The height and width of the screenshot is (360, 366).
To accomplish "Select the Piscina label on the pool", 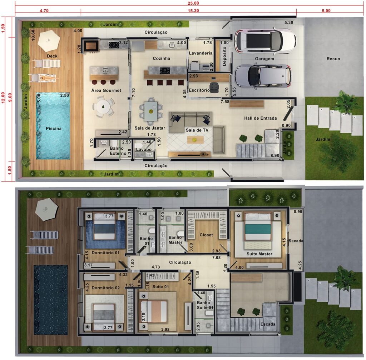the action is point(54,129).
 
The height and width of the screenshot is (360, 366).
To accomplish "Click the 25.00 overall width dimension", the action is point(193,3).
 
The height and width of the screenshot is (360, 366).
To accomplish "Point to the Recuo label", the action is point(333,59).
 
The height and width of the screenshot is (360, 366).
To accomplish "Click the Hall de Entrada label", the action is point(261,118).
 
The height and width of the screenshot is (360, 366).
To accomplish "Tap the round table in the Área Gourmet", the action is point(103,107).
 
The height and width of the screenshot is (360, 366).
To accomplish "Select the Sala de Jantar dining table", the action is point(151,111).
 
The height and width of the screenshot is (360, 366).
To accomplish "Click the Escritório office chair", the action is point(214,87).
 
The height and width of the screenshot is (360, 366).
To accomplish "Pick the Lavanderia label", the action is point(201,53).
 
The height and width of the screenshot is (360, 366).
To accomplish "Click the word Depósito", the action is point(224,56).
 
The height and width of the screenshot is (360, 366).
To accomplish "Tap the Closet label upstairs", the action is point(206,235).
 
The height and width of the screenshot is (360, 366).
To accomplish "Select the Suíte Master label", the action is point(259,254).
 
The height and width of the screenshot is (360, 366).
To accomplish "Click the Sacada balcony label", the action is point(296,241).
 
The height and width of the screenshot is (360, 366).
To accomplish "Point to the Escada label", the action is point(268,324).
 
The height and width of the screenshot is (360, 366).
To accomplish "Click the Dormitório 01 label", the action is point(105,253).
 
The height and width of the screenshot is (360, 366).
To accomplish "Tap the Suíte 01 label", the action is point(160,287).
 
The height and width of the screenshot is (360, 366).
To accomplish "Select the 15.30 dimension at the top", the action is point(193,11).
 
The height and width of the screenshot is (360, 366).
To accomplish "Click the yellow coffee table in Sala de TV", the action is point(195,140).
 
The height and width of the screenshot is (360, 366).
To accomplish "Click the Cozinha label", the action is point(161,59).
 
